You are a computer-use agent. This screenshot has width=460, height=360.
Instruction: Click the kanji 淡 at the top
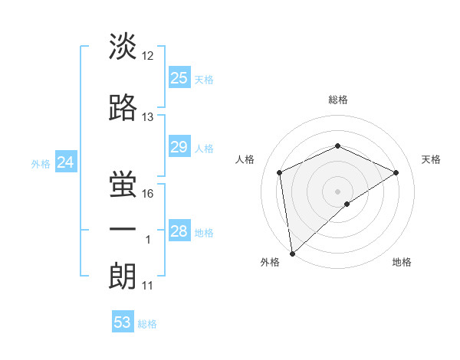click(123, 46)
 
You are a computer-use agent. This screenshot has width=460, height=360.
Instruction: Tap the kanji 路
click(123, 107)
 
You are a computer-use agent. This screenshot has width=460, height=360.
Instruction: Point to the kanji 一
click(123, 230)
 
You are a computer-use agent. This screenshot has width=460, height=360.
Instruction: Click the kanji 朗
click(123, 276)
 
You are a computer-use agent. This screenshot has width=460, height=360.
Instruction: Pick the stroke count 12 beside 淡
click(148, 57)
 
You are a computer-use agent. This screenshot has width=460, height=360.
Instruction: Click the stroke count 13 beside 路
click(148, 117)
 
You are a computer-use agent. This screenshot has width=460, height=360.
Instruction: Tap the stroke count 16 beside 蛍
click(149, 193)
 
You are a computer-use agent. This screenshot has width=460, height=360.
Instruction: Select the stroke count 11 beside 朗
click(148, 286)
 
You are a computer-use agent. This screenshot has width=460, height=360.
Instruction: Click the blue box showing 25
click(179, 77)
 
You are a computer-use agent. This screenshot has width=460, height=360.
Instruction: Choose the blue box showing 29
click(179, 147)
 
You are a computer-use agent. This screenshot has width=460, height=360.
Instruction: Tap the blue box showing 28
click(179, 231)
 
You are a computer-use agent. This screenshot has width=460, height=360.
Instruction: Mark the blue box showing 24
click(66, 162)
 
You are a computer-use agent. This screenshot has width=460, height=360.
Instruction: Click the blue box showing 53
click(123, 322)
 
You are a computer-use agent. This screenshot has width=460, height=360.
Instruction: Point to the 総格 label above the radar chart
click(337, 100)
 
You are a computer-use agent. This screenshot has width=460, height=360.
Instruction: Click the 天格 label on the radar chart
click(431, 159)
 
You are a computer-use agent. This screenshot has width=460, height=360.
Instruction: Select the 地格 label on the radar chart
click(402, 262)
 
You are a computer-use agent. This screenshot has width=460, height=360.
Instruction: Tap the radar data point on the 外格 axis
click(291, 253)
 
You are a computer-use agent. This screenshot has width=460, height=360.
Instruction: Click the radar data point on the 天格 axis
click(396, 172)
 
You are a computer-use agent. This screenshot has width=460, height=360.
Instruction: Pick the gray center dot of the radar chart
click(337, 191)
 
